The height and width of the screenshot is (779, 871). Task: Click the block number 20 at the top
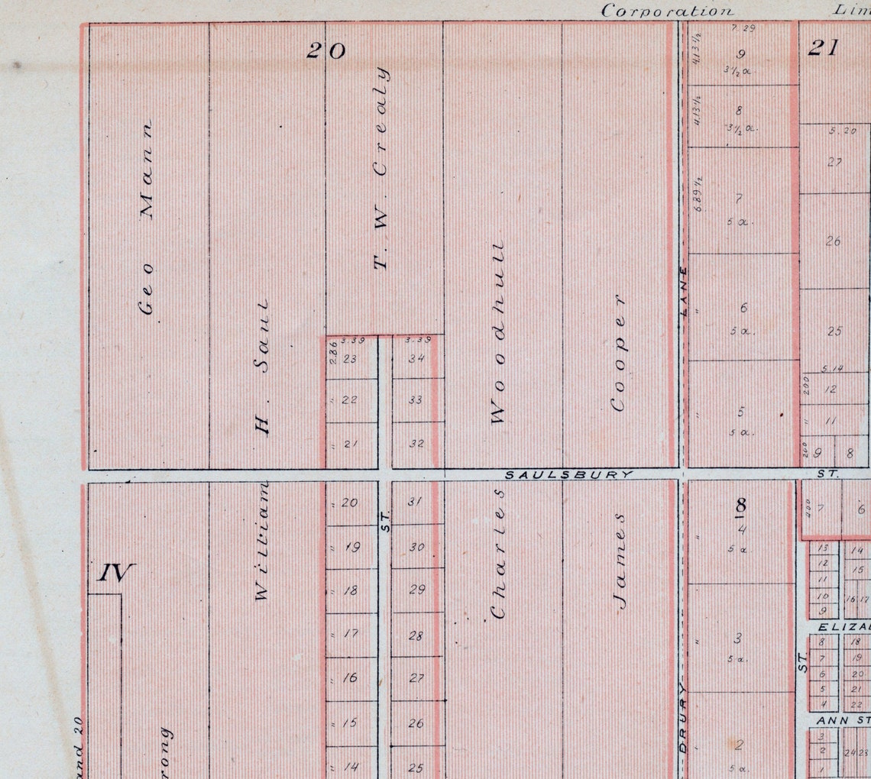326,51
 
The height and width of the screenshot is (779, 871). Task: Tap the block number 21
823,48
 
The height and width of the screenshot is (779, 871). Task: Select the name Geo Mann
147,218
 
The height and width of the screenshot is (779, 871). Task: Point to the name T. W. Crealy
380,168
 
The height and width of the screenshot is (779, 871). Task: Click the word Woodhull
497,333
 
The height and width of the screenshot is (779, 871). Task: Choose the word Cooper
618,352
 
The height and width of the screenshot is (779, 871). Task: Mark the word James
619,561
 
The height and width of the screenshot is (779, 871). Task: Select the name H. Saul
262,367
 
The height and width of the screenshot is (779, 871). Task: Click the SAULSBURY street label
569,474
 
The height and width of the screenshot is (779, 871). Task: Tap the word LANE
684,290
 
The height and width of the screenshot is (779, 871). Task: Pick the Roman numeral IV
116,573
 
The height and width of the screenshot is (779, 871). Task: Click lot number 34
416,357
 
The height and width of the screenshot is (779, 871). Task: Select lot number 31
415,502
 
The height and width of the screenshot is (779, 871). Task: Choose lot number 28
416,635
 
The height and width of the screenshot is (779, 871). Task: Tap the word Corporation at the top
667,11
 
